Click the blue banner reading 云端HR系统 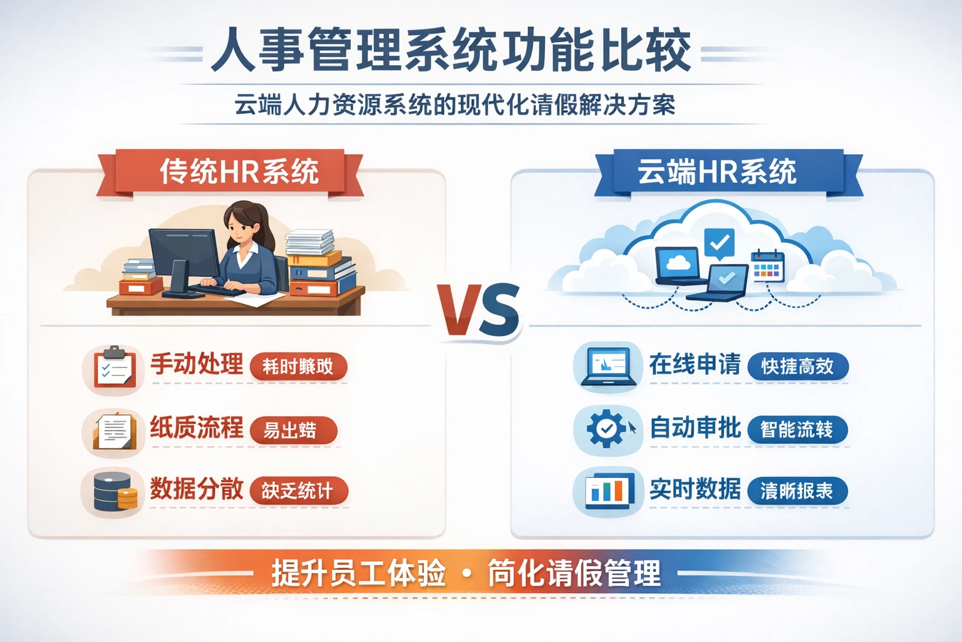pyautogui.click(x=718, y=172)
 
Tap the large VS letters pyautogui.click(x=479, y=310)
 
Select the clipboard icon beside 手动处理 pyautogui.click(x=114, y=368)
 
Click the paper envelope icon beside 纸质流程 pyautogui.click(x=114, y=431)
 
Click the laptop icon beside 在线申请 pyautogui.click(x=607, y=366)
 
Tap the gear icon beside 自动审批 pyautogui.click(x=606, y=429)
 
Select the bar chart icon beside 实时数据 pyautogui.click(x=607, y=490)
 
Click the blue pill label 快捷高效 pyautogui.click(x=797, y=366)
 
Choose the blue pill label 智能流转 pyautogui.click(x=797, y=429)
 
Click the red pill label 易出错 pyautogui.click(x=292, y=431)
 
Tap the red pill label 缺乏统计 pyautogui.click(x=297, y=491)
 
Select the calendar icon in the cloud pyautogui.click(x=767, y=266)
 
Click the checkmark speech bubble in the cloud pyautogui.click(x=719, y=242)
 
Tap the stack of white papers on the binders pyautogui.click(x=309, y=241)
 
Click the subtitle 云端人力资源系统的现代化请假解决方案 pyautogui.click(x=455, y=105)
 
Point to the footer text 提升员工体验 pyautogui.click(x=358, y=573)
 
